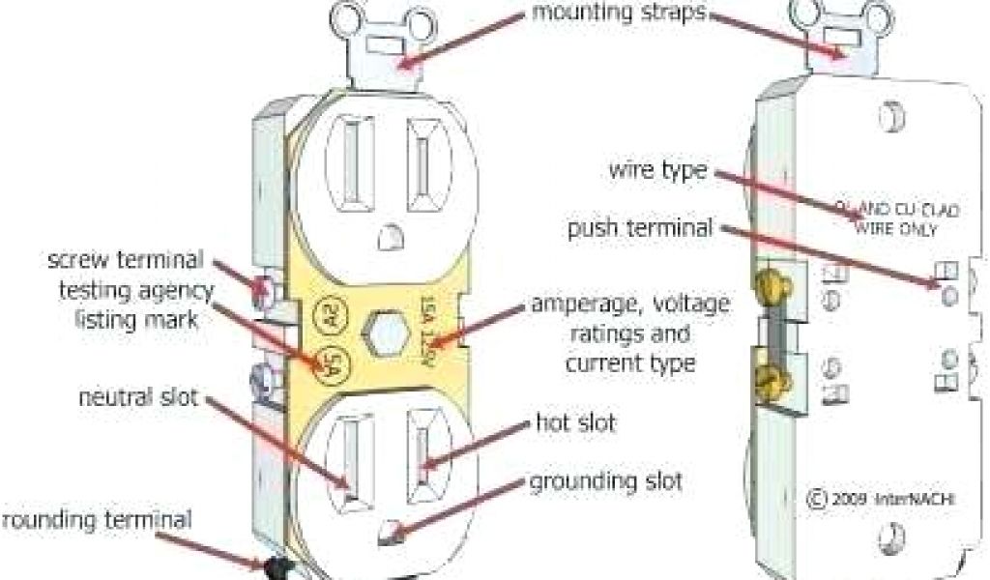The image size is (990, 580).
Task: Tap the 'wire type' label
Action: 658,172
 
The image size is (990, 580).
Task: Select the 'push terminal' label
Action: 642,229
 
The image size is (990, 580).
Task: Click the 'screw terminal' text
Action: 126,260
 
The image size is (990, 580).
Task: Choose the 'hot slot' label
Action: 575,422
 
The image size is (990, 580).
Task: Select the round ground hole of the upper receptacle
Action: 389,235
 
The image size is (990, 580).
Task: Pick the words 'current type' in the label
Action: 629,363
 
